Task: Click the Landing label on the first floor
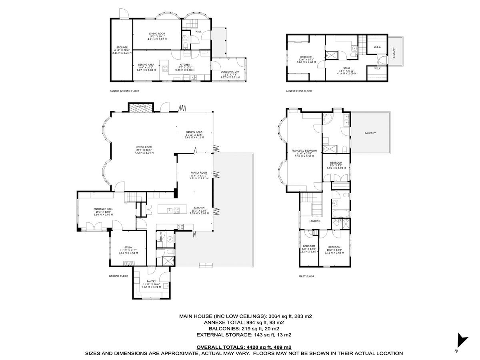(x=314, y=220)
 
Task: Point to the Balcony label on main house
(x=370, y=133)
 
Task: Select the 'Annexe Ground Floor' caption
(x=124, y=91)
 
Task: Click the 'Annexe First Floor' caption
(x=299, y=91)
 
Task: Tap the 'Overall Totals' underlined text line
(x=247, y=347)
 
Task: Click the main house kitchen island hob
(x=173, y=210)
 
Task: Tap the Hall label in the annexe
(x=198, y=31)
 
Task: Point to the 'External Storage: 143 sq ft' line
(x=243, y=335)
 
